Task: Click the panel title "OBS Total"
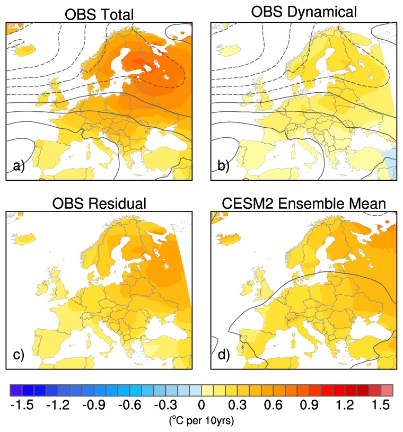pos(99,15)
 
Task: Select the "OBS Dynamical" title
pos(304,12)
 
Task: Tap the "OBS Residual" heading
pos(99,204)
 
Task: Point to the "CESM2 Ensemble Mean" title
pos(304,204)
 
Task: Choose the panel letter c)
pos(19,355)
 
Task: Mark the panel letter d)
pos(223,355)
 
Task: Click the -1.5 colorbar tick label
pos(22,406)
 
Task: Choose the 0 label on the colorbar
pos(202,406)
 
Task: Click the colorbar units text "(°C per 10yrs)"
pos(202,420)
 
